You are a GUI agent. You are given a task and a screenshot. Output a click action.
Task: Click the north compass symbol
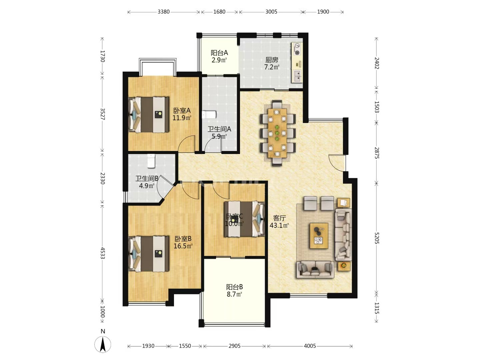tap(103, 344)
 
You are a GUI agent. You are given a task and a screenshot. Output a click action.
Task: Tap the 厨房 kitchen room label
tap(272, 63)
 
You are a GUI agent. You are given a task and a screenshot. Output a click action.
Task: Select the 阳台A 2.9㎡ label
tap(219, 56)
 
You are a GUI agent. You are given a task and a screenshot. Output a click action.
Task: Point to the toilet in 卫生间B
tap(151, 161)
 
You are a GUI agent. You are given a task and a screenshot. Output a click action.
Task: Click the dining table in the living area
tap(277, 133)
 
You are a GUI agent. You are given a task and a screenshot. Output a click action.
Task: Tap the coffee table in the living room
tap(319, 236)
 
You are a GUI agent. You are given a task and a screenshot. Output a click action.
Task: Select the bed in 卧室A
tap(149, 114)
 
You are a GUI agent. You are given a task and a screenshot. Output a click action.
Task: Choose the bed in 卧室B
tap(149, 254)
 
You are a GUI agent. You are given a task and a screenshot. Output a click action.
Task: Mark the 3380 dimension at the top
tap(163, 12)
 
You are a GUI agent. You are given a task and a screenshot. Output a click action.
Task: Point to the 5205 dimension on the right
tap(377, 238)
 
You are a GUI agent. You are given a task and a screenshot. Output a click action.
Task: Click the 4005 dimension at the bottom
tap(310, 346)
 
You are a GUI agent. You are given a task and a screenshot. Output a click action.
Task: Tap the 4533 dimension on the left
tap(103, 253)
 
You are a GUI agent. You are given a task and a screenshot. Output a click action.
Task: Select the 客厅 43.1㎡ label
tap(279, 222)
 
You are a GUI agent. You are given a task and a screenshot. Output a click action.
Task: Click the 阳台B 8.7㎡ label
tap(234, 290)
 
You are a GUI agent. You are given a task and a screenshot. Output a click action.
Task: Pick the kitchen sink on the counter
tap(297, 76)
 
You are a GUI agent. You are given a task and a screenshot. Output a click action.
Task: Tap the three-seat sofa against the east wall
tap(343, 235)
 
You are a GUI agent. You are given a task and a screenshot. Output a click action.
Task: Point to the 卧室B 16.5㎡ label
tap(183, 242)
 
